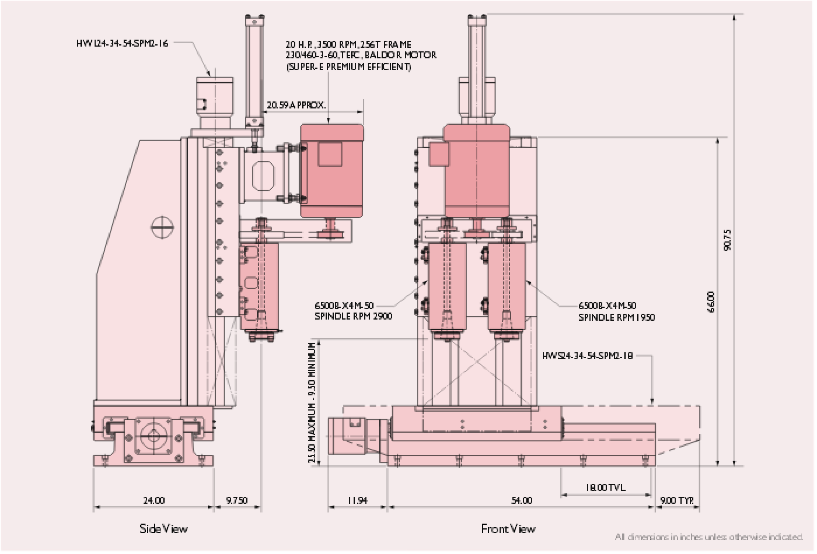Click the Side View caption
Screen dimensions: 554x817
point(163,529)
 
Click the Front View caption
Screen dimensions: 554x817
point(508,529)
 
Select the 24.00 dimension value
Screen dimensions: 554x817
point(154,500)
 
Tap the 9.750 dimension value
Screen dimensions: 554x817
point(237,500)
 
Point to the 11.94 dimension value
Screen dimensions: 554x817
point(357,500)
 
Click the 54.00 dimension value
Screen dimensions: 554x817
point(522,500)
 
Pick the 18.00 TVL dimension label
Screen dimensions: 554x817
point(606,488)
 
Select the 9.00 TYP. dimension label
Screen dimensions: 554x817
point(677,500)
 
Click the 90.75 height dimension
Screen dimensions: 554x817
point(727,240)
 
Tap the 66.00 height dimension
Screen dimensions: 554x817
point(711,302)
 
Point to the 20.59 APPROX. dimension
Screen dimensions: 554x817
point(296,105)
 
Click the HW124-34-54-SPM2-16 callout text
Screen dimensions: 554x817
point(122,44)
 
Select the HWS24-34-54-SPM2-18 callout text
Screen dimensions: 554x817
point(587,356)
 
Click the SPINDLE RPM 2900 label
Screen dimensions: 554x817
point(353,316)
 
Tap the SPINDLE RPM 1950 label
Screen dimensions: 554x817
point(616,317)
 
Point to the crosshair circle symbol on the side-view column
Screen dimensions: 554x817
point(162,227)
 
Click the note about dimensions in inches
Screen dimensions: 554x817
point(709,537)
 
